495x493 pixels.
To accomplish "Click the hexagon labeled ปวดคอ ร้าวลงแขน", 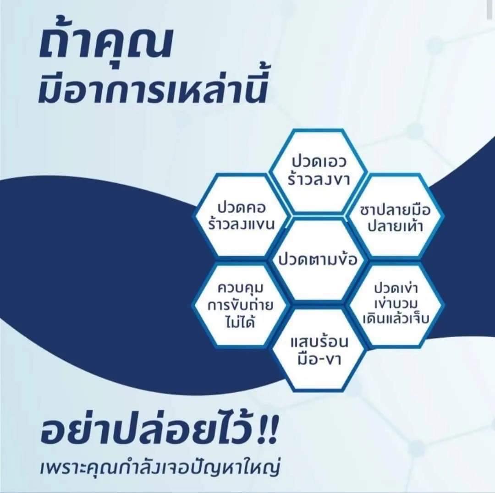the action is (242, 215).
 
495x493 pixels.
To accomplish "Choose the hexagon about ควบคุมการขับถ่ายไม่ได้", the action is (241, 305).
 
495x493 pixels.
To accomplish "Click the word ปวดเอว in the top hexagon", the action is (319, 162).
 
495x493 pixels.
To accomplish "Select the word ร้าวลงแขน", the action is (242, 225).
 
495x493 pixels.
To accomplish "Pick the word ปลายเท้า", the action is (395, 226).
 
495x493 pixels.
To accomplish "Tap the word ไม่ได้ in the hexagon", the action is (241, 323).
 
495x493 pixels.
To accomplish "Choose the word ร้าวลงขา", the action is (319, 180).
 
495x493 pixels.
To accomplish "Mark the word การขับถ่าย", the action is (241, 306).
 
